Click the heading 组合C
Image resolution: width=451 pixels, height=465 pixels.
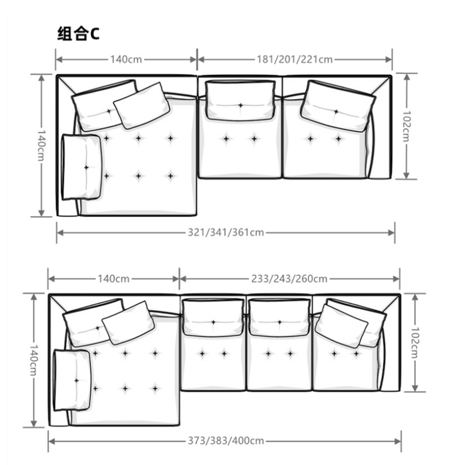click(x=78, y=33)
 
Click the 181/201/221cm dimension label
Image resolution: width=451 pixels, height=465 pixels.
click(x=294, y=59)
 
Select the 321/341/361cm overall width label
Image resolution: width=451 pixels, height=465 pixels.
click(x=226, y=232)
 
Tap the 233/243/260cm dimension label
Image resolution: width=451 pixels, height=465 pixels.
click(x=289, y=279)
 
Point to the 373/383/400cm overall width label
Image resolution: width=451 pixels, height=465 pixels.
click(x=226, y=441)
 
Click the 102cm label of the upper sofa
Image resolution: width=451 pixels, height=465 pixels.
click(x=406, y=126)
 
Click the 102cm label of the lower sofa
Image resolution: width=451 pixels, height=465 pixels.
click(x=414, y=343)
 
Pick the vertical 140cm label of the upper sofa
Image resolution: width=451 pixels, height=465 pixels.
click(x=41, y=146)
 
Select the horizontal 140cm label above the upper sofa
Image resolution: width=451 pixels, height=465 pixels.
click(x=126, y=59)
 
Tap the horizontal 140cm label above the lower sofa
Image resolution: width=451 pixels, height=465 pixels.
click(x=113, y=279)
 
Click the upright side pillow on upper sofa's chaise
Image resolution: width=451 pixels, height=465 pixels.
click(x=82, y=167)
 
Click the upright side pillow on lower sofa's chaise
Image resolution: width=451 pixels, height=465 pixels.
click(x=72, y=380)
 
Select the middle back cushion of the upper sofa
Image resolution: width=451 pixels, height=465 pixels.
click(x=240, y=100)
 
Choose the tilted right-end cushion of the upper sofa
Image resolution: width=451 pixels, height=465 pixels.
click(x=338, y=106)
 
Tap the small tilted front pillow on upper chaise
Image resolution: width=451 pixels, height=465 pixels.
click(x=142, y=106)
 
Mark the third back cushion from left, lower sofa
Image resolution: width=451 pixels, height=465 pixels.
click(x=279, y=318)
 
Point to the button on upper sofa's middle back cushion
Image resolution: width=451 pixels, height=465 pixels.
click(x=241, y=106)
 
